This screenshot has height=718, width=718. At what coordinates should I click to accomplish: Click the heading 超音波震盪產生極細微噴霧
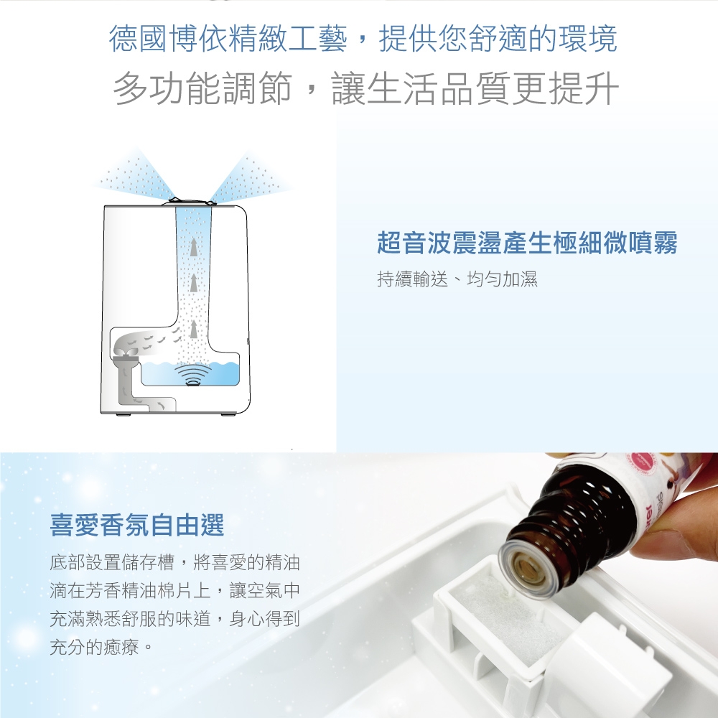pyautogui.click(x=527, y=242)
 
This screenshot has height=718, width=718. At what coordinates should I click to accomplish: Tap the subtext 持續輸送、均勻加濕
pyautogui.click(x=457, y=279)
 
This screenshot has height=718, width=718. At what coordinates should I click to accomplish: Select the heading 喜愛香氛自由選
pyautogui.click(x=137, y=525)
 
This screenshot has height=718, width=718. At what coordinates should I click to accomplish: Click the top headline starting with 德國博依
pyautogui.click(x=363, y=38)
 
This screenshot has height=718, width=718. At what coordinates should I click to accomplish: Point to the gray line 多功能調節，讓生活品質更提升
pyautogui.click(x=366, y=88)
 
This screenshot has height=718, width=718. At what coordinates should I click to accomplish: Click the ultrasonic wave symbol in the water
pyautogui.click(x=194, y=376)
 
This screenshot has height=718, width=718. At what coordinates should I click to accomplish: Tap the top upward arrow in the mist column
pyautogui.click(x=194, y=247)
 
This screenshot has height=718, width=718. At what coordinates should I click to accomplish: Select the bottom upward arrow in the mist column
pyautogui.click(x=194, y=330)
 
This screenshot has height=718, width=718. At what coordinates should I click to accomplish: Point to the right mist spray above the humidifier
pyautogui.click(x=250, y=177)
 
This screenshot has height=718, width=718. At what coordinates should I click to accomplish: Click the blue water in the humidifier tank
pyautogui.click(x=190, y=373)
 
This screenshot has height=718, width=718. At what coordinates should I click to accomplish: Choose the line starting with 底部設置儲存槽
pyautogui.click(x=174, y=562)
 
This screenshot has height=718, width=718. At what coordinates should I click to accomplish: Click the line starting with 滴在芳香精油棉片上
pyautogui.click(x=174, y=591)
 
